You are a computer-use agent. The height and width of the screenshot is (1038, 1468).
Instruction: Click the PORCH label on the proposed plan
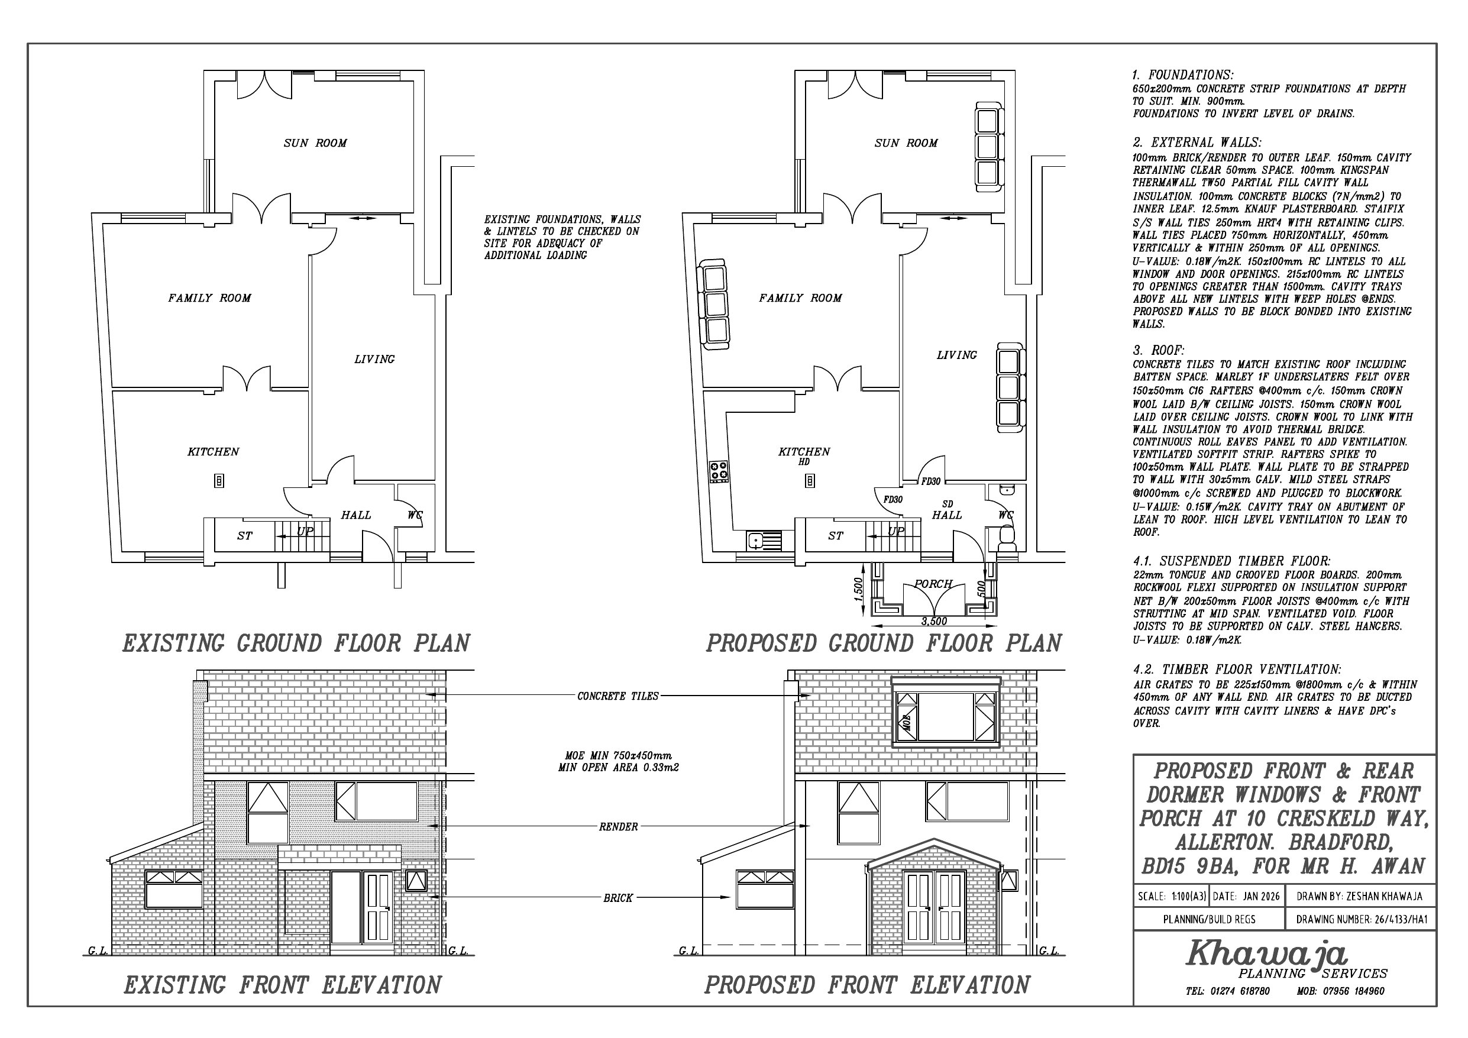point(933,584)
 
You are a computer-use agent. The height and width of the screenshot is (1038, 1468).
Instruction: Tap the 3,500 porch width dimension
point(934,621)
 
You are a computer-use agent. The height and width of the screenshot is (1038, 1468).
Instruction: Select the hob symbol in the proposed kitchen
point(719,472)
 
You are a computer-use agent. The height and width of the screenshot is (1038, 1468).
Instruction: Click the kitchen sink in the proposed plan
point(764,541)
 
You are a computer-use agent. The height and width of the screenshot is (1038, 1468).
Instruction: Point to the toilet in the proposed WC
point(1007,536)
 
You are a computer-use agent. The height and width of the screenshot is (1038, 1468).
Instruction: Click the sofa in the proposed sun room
point(987,144)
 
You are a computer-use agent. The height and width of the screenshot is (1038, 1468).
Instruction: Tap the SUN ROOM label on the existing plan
point(315,143)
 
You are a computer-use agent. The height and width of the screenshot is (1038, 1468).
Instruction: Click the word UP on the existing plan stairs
point(305,531)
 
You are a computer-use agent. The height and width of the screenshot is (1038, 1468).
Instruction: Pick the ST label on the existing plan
point(244,536)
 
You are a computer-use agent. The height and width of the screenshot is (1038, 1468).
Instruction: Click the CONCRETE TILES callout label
point(617,696)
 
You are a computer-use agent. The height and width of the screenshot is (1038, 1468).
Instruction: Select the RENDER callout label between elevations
point(618,827)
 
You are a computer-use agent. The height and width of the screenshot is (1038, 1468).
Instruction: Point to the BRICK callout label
point(617,898)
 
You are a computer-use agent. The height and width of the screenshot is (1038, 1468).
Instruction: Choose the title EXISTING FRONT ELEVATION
point(282,984)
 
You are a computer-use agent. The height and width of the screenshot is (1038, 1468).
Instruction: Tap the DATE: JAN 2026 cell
point(1246,897)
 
